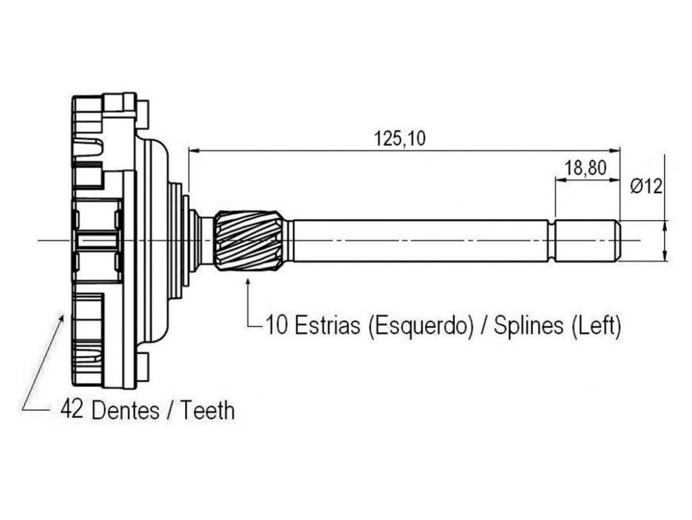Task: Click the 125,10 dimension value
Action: coord(400,138)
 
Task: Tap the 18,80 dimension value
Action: coord(585,167)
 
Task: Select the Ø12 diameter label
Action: coord(646,186)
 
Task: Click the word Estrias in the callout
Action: coord(326,326)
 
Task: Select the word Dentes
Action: coord(125,410)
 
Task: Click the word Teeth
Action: coord(207,410)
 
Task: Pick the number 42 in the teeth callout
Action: coord(72,409)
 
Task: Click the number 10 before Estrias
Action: coord(276,326)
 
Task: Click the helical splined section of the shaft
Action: coord(248,240)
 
